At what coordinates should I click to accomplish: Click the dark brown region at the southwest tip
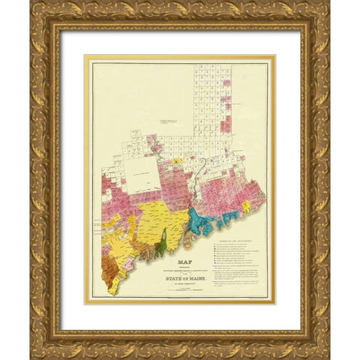(x=113, y=284)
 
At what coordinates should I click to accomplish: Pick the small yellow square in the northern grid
(x=175, y=161)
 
